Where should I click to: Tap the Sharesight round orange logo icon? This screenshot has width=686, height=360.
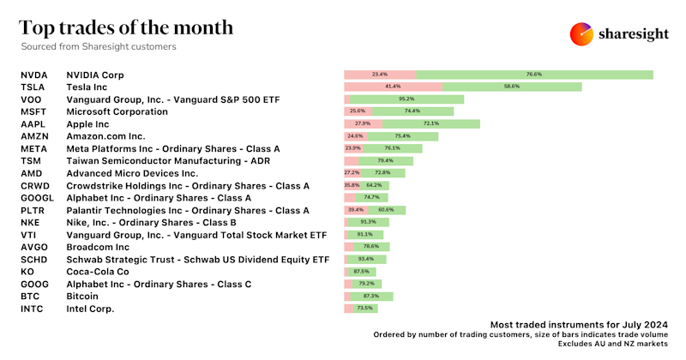582,33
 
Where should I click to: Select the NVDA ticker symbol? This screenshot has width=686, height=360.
34,75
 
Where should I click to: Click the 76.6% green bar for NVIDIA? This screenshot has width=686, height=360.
534,75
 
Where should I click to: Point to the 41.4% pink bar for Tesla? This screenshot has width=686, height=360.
393,87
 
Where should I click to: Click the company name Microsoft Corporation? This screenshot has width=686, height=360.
117,111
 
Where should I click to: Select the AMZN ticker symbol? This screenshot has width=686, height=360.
35,136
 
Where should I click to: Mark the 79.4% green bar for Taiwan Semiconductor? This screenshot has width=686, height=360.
385,161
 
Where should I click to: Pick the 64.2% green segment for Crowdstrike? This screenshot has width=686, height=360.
375,185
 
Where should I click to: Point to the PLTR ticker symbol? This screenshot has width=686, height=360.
33,210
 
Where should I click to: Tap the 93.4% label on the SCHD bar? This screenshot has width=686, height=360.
366,259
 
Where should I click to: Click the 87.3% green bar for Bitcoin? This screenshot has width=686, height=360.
370,296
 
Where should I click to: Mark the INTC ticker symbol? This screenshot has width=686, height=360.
33,309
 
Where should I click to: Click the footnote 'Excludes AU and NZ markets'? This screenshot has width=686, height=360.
611,345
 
